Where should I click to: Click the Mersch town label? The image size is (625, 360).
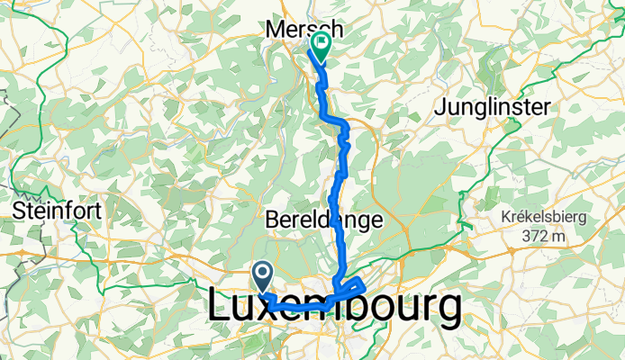point(303,29)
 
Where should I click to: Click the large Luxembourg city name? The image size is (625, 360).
point(334,307)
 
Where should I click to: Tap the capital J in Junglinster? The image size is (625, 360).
point(440,108)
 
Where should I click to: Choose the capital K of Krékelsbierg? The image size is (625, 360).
point(506,218)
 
